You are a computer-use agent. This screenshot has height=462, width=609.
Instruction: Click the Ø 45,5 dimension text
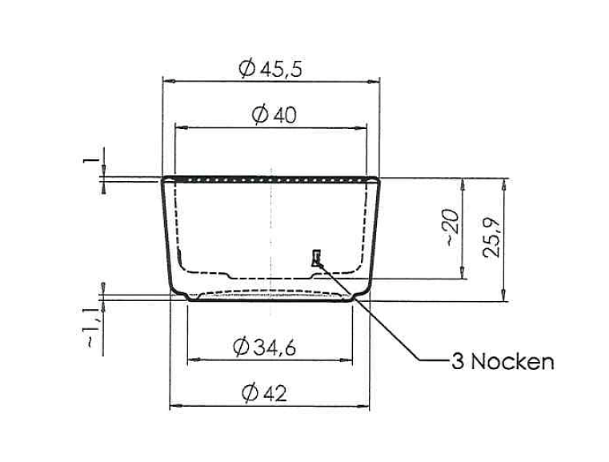pyautogui.click(x=270, y=70)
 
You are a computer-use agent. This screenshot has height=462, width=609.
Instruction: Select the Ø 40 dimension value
pyautogui.click(x=274, y=115)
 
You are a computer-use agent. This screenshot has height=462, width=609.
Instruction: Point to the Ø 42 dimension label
pyautogui.click(x=263, y=393)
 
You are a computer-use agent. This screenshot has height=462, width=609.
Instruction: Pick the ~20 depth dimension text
pyautogui.click(x=452, y=227)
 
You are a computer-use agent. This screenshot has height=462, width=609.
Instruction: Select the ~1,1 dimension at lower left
pyautogui.click(x=94, y=328)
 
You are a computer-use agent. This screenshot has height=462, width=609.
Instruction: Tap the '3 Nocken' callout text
pyautogui.click(x=503, y=362)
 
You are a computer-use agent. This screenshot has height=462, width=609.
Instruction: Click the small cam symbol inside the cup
pyautogui.click(x=317, y=257)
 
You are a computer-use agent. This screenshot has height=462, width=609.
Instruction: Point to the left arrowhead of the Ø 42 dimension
pyautogui.click(x=173, y=408)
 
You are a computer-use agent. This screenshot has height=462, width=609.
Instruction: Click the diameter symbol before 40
pyautogui.click(x=258, y=115)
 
